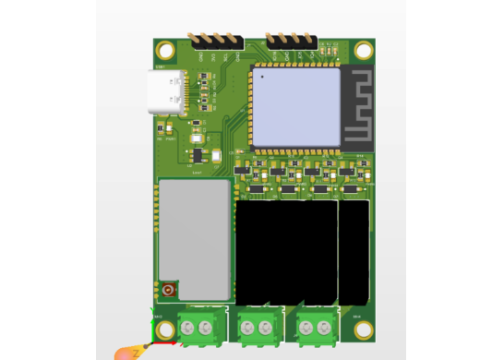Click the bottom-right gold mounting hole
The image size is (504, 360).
(364, 330)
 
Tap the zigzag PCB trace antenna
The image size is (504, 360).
(357, 106)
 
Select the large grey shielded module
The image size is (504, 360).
(194, 234)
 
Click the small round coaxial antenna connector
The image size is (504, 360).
(169, 290)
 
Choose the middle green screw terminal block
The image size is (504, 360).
(258, 327)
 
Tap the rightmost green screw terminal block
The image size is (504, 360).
(316, 327)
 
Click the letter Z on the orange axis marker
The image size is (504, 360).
(135, 353)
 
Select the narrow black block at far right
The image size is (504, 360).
(354, 252)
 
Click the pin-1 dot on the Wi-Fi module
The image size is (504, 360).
(262, 77)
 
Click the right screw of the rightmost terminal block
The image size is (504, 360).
(324, 327)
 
